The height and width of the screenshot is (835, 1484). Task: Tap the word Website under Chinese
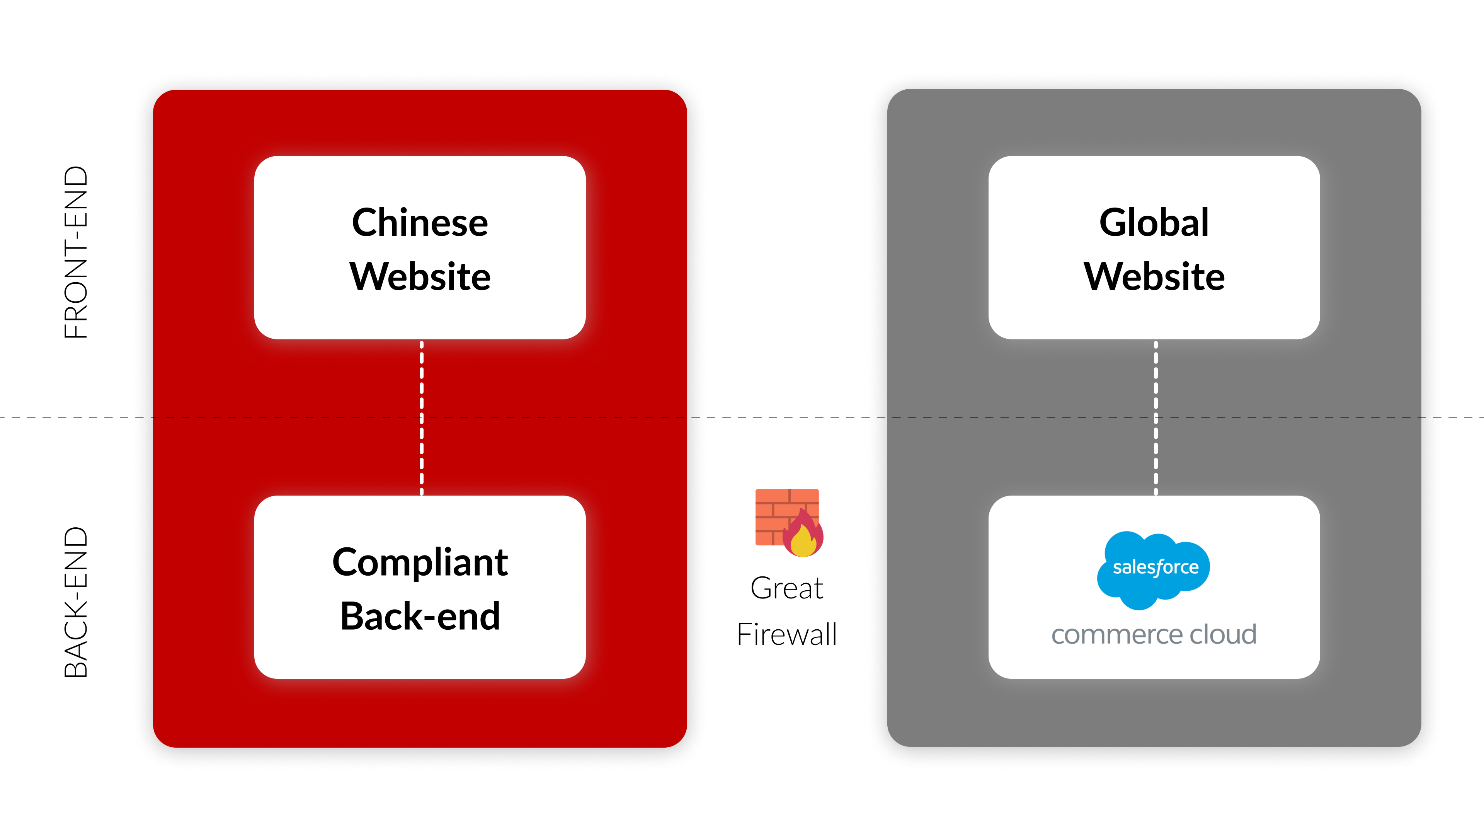tap(420, 277)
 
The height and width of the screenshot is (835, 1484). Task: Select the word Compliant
tap(420, 562)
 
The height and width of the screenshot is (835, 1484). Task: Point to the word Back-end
tap(420, 616)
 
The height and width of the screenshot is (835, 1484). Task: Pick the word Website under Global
tap(1154, 277)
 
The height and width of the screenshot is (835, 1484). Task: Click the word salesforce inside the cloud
tap(1156, 567)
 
